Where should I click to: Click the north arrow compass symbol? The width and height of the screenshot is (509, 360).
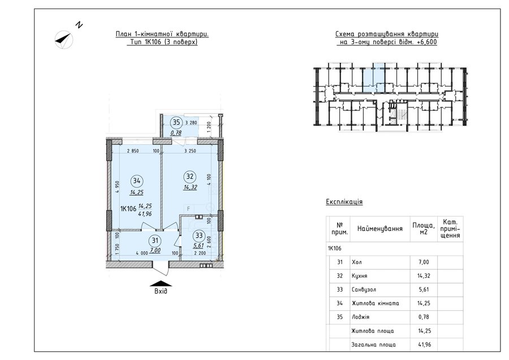64,39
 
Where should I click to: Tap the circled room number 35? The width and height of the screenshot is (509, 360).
176,122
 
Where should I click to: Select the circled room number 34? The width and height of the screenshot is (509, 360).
137,181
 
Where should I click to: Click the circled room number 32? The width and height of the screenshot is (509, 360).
190,177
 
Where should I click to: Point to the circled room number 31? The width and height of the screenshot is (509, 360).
155,241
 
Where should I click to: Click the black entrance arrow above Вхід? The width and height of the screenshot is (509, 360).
161,284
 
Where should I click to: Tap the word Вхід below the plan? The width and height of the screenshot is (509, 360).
161,291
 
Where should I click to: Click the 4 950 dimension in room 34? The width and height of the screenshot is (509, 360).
117,188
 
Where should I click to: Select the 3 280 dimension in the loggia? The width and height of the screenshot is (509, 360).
191,123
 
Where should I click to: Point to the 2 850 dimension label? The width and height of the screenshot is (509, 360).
133,151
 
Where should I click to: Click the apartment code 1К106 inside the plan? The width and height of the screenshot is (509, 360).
128,209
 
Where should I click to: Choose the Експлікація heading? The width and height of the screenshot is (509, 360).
344,202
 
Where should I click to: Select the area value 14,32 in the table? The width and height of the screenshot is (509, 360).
424,276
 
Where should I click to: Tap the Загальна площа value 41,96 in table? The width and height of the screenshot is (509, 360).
424,344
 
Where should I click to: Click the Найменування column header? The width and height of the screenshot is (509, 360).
380,229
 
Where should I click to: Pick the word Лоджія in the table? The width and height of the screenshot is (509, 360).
360,317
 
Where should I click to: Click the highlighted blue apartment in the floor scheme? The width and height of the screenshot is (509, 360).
373,78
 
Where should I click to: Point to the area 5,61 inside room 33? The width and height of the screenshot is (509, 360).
199,246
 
